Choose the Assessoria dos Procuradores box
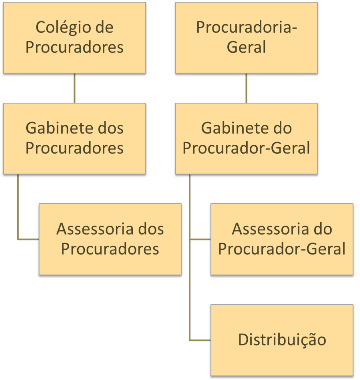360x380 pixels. [x=110, y=238]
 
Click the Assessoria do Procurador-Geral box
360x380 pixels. [x=281, y=238]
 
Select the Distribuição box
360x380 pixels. [x=281, y=339]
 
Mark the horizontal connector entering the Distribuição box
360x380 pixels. [x=199, y=340]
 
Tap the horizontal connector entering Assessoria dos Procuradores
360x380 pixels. [x=28, y=239]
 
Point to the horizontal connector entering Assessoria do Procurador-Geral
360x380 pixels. [x=199, y=239]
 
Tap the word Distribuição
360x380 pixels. [x=281, y=339]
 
